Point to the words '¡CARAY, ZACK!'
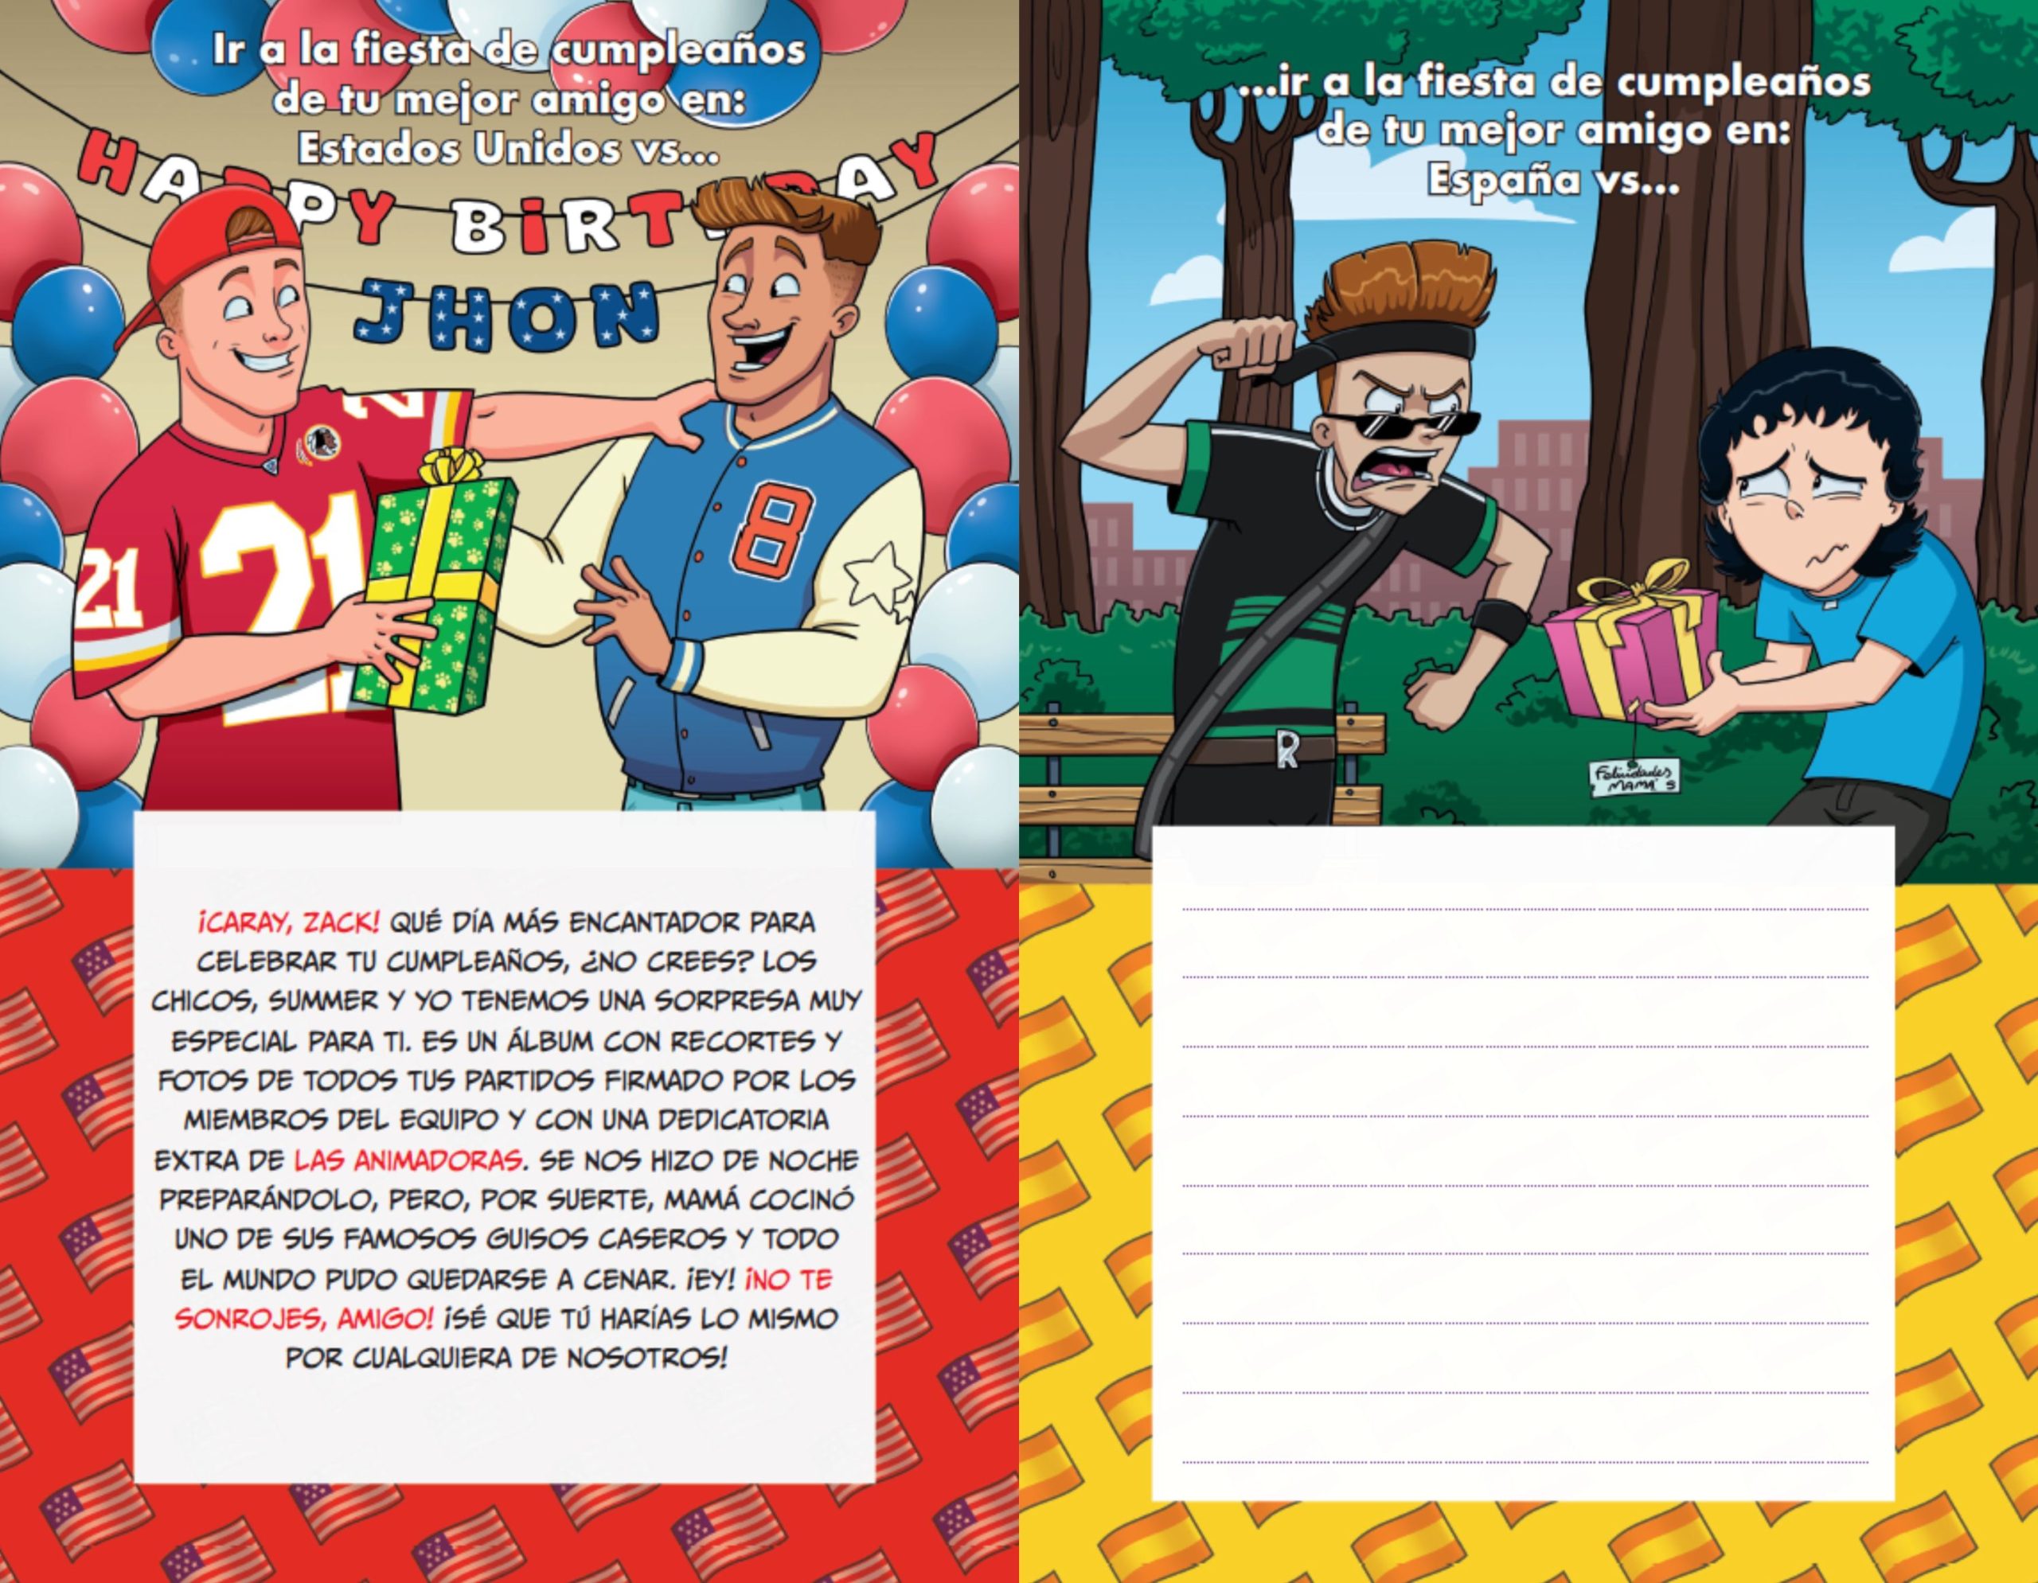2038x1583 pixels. [288, 922]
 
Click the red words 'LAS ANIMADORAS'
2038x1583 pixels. [408, 1160]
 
